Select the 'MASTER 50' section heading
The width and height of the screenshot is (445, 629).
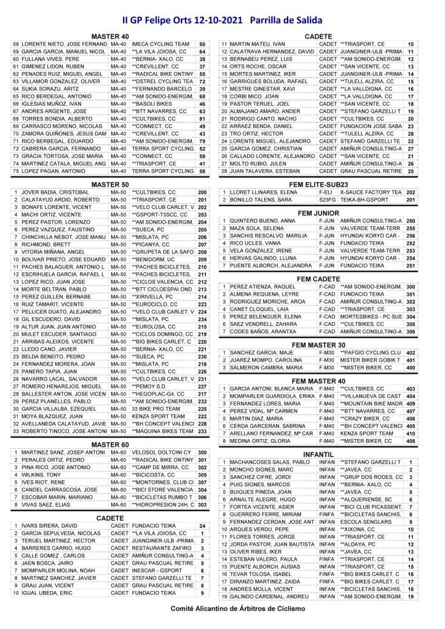click(108, 183)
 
